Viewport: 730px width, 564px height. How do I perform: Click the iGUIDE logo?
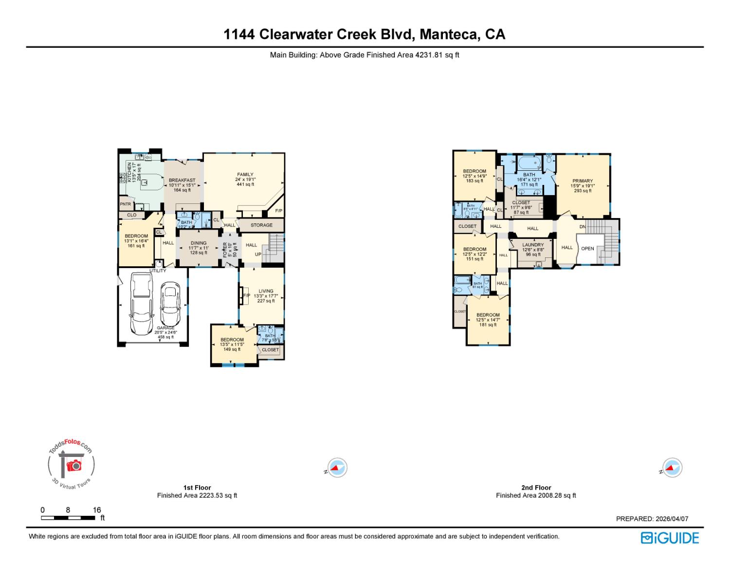click(670, 538)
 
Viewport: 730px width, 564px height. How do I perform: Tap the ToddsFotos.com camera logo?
click(71, 464)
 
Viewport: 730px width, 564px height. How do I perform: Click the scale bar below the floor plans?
click(68, 518)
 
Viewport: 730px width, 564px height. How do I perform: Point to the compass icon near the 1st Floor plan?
click(337, 468)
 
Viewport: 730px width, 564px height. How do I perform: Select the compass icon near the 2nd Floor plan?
click(672, 468)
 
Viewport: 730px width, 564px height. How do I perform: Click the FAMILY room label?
click(245, 175)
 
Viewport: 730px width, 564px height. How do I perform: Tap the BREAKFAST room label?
click(182, 181)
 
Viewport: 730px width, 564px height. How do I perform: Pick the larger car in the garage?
click(141, 304)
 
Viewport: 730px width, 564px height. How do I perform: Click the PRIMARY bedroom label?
click(582, 181)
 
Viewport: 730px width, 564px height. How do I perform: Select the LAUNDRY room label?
click(533, 245)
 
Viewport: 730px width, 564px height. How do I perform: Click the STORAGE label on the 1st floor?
click(261, 225)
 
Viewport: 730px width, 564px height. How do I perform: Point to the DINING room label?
click(199, 243)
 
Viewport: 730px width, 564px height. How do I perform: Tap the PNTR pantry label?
click(125, 204)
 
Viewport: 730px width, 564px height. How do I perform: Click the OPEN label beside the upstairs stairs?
click(587, 249)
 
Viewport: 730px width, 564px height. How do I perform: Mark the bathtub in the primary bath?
click(529, 162)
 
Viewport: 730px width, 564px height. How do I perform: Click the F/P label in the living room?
click(246, 296)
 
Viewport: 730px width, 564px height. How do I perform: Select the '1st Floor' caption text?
click(197, 488)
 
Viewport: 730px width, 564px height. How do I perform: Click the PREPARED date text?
click(652, 519)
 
